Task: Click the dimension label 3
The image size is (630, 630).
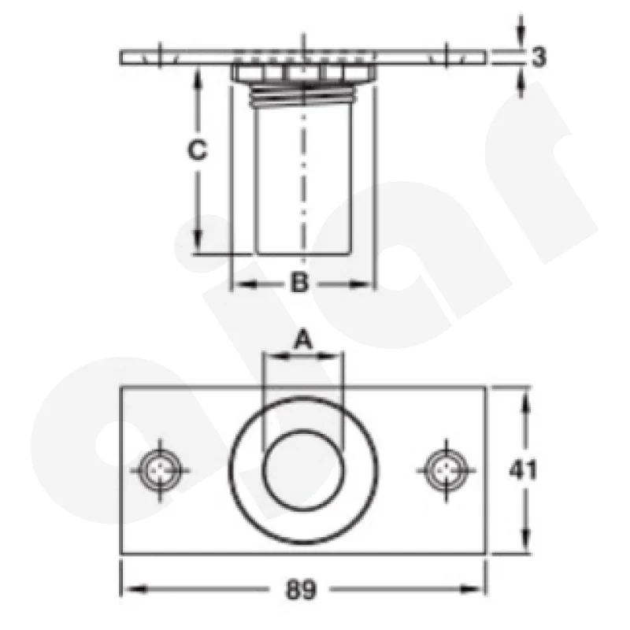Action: click(539, 57)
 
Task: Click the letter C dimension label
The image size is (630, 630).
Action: click(198, 150)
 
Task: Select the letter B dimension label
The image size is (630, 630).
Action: click(300, 282)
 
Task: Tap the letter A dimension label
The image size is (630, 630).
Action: click(303, 339)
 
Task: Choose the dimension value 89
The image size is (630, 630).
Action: click(301, 589)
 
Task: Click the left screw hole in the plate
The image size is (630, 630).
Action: click(160, 470)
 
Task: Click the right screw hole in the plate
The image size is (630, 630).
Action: click(446, 470)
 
